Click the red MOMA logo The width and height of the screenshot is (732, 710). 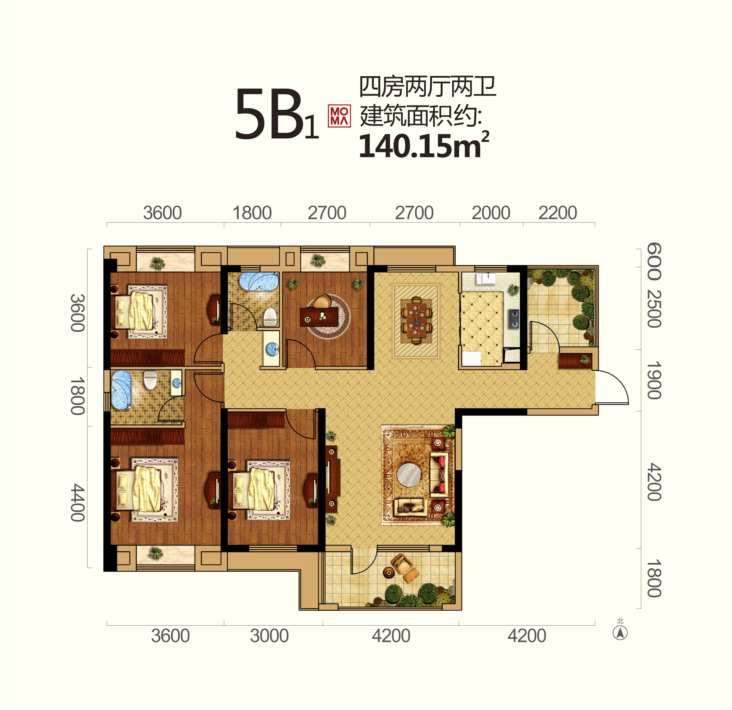click(x=339, y=116)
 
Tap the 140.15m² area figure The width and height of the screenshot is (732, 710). click(x=424, y=145)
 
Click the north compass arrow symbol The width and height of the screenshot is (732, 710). click(x=620, y=633)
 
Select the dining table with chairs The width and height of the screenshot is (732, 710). click(x=416, y=320)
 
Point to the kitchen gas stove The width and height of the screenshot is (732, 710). click(x=514, y=319)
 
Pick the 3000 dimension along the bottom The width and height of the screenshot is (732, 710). click(x=269, y=636)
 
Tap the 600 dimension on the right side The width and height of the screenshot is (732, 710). click(x=654, y=261)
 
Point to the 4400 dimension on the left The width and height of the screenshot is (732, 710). click(x=78, y=503)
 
